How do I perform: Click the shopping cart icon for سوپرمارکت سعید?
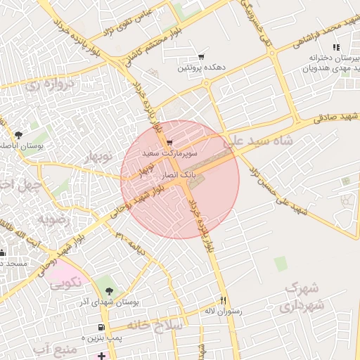169,143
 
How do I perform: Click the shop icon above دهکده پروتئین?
202,57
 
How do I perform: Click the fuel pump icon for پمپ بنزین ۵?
103,328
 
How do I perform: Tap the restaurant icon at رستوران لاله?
224,299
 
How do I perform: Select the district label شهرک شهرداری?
304,297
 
